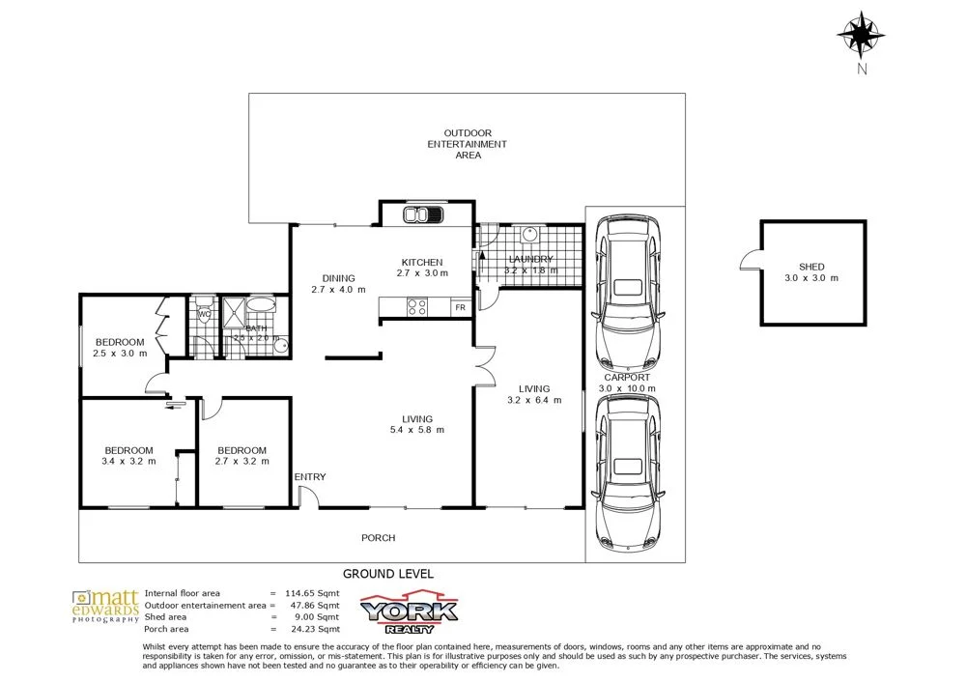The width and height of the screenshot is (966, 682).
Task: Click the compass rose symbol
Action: [x=861, y=36]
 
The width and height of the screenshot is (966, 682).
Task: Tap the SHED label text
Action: [x=811, y=267]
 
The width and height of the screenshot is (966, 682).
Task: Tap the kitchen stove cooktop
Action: [x=418, y=308]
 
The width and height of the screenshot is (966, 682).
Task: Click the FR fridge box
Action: [x=460, y=308]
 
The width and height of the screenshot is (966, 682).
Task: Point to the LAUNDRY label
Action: [x=530, y=259]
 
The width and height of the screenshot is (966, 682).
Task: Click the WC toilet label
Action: [x=204, y=314]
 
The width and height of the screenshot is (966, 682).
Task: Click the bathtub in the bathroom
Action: [x=261, y=307]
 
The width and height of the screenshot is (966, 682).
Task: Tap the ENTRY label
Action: [x=310, y=477]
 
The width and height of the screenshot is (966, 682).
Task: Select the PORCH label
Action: [x=378, y=538]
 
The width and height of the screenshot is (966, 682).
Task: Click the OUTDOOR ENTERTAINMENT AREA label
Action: [x=468, y=144]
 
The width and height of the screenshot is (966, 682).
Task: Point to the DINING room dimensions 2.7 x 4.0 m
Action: [x=339, y=290]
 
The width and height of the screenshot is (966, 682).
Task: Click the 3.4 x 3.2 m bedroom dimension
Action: [x=128, y=462]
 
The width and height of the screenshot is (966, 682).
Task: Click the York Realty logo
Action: [x=409, y=612]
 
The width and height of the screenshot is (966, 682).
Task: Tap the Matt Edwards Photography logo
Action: [x=105, y=607]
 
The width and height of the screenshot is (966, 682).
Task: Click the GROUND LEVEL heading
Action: [x=388, y=574]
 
